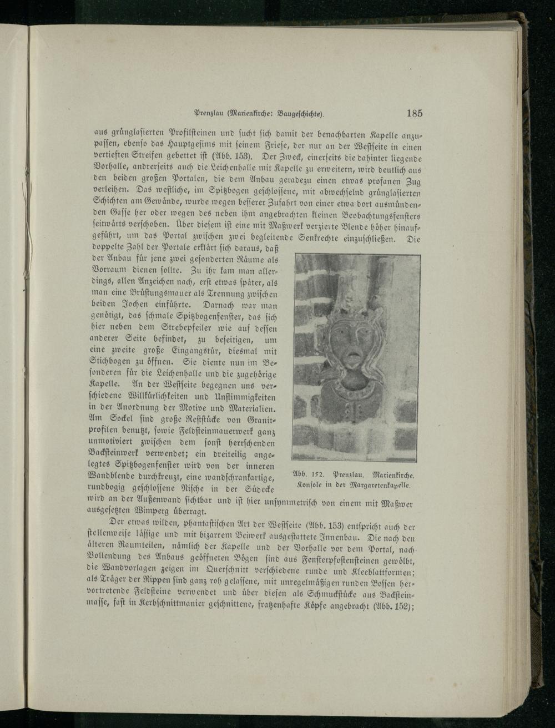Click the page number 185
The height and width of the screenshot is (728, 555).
[414, 113]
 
